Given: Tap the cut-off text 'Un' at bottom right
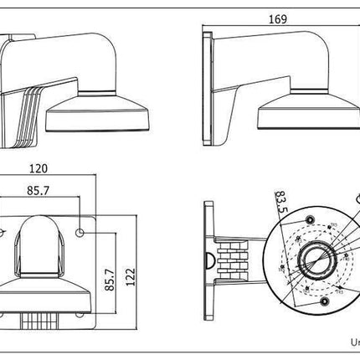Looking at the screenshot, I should [352, 342].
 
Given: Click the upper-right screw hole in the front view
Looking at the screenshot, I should [81, 231].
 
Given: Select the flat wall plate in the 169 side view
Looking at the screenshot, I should [206, 84].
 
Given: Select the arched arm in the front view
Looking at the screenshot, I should [40, 243].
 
